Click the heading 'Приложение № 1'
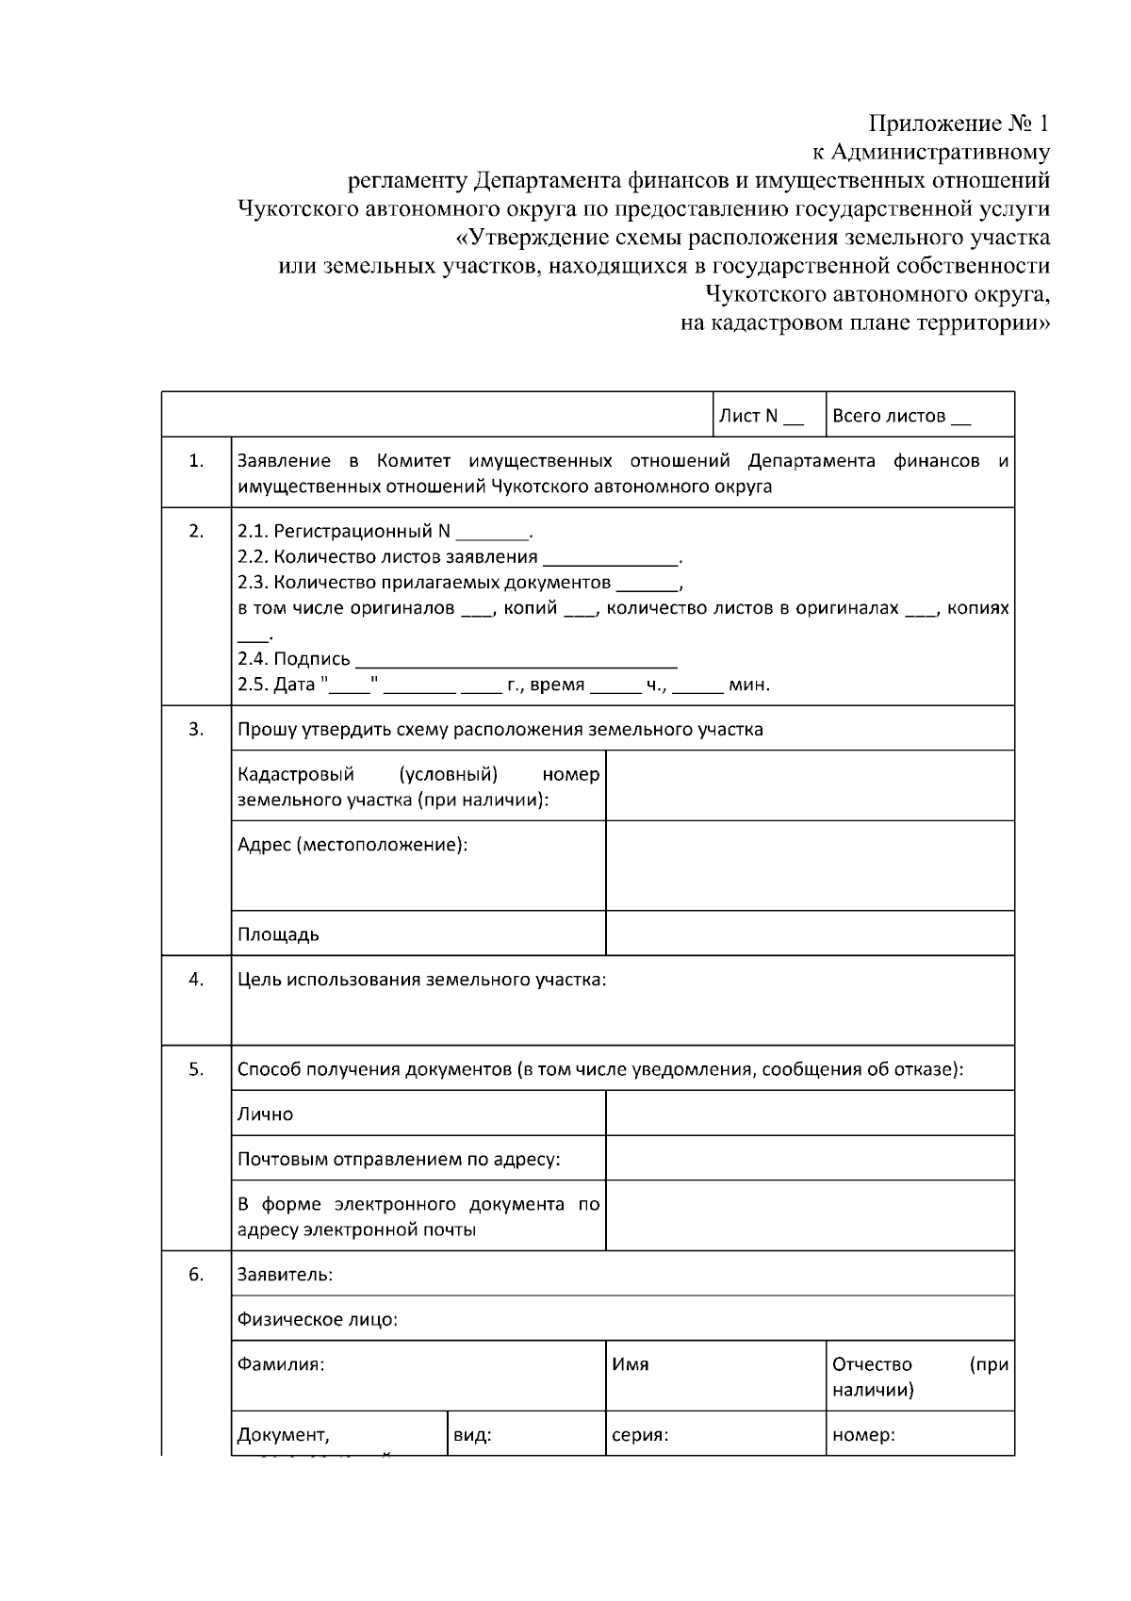[x=958, y=124]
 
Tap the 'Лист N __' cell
[x=768, y=415]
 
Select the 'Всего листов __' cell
[x=920, y=415]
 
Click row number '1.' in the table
[x=196, y=461]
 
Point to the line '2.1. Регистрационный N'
[x=385, y=531]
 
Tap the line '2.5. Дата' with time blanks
[x=503, y=685]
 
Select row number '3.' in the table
[x=196, y=729]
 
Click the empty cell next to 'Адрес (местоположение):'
[x=810, y=865]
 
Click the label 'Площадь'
[x=278, y=934]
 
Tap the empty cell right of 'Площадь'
[x=810, y=933]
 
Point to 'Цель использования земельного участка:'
[x=421, y=980]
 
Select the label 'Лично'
[x=265, y=1114]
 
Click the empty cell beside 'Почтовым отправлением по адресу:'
[x=810, y=1158]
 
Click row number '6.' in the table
[x=196, y=1275]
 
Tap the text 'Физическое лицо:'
[x=317, y=1319]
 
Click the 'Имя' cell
[x=715, y=1376]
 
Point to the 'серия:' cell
[x=715, y=1435]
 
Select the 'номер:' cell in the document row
[x=920, y=1435]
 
